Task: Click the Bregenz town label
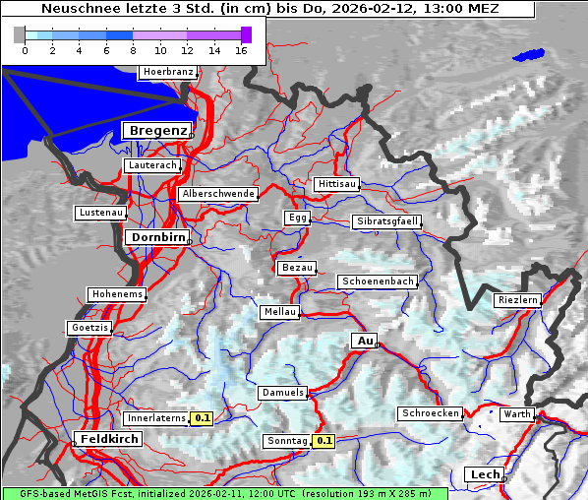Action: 156,131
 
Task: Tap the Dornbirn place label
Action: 155,237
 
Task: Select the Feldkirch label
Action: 108,439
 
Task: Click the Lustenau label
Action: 101,213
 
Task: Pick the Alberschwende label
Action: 218,194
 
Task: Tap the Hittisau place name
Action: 337,184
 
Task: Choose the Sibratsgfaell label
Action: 387,221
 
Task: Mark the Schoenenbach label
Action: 378,281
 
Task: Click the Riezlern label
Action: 517,299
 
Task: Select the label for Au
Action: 365,341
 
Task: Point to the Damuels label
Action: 283,393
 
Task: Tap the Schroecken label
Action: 431,413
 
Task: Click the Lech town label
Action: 485,474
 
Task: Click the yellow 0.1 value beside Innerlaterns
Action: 202,418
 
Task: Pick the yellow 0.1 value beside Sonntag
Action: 324,441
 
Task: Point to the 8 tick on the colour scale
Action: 133,49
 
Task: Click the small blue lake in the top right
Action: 528,55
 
